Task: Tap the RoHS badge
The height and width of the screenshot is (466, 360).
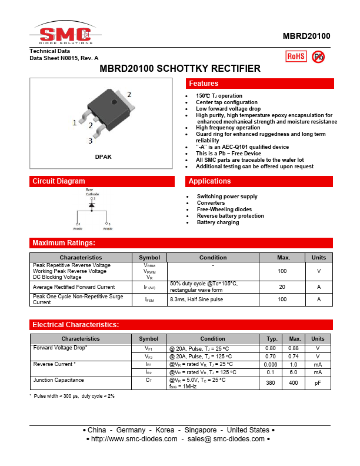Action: click(x=296, y=56)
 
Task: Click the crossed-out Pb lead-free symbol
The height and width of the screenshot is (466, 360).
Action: click(x=318, y=56)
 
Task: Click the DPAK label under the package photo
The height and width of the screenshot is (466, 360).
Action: click(x=103, y=157)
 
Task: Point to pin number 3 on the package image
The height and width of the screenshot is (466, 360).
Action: click(x=91, y=141)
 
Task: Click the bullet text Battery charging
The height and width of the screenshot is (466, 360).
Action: click(x=218, y=222)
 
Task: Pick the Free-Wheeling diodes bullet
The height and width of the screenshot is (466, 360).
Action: click(x=224, y=209)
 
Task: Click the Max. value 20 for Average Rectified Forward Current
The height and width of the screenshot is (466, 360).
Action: click(x=282, y=287)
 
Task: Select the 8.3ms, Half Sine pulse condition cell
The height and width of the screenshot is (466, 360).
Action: click(x=196, y=299)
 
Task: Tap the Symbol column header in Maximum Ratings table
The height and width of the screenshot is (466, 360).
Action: click(x=149, y=257)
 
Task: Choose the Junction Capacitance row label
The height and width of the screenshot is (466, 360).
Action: click(x=58, y=380)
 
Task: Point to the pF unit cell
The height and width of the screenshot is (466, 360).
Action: click(x=318, y=383)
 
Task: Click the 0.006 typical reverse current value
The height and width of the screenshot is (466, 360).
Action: click(x=272, y=364)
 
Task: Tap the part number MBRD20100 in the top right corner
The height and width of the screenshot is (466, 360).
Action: click(x=306, y=36)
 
